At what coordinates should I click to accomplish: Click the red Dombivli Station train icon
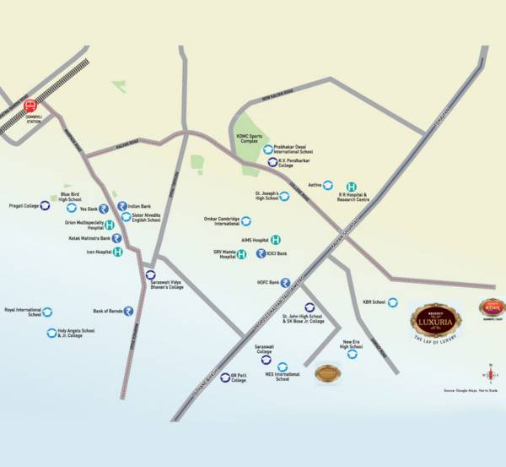pyautogui.click(x=30, y=106)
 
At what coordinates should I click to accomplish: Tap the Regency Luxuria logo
pyautogui.click(x=435, y=320)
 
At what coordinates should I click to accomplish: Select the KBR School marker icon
pyautogui.click(x=394, y=301)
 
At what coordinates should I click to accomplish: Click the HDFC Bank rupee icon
pyautogui.click(x=285, y=283)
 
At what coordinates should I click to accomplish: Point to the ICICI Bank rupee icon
pyautogui.click(x=261, y=253)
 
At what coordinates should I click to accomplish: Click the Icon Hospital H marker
pyautogui.click(x=118, y=252)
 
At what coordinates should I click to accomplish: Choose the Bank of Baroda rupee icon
pyautogui.click(x=128, y=312)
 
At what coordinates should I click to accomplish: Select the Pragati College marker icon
pyautogui.click(x=46, y=205)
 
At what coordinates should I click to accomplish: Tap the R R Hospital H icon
pyautogui.click(x=352, y=187)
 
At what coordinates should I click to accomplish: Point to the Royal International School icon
pyautogui.click(x=47, y=312)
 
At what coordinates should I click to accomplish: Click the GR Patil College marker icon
pyautogui.click(x=225, y=378)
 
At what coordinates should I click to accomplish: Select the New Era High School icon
pyautogui.click(x=352, y=355)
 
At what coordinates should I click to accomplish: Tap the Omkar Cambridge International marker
pyautogui.click(x=246, y=220)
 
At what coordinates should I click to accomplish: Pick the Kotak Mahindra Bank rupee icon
pyautogui.click(x=117, y=239)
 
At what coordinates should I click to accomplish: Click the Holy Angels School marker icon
pyautogui.click(x=51, y=334)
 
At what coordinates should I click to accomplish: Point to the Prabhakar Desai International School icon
pyautogui.click(x=267, y=149)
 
